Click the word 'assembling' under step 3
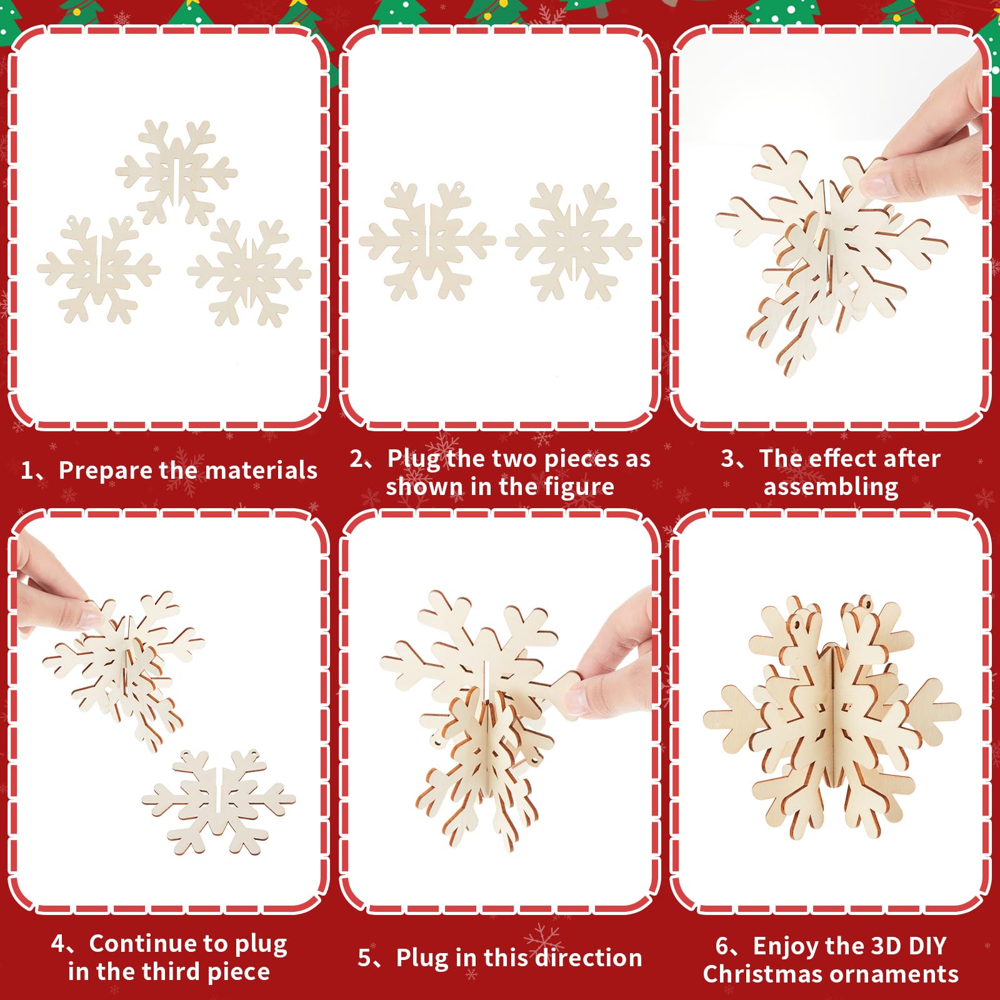831,487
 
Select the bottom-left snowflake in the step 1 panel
99,269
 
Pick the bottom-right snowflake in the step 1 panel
249,272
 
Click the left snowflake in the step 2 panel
427,241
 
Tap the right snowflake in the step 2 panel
574,241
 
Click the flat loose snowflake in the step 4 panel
218,802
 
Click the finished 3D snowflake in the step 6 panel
832,719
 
